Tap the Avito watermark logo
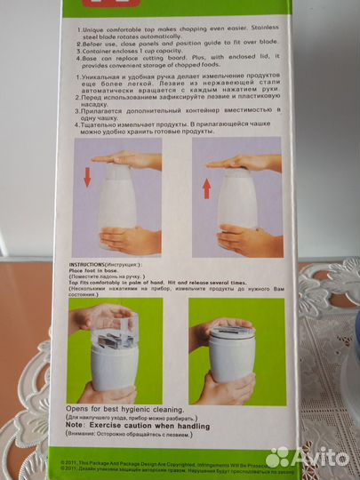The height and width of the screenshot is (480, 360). [310, 457]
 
